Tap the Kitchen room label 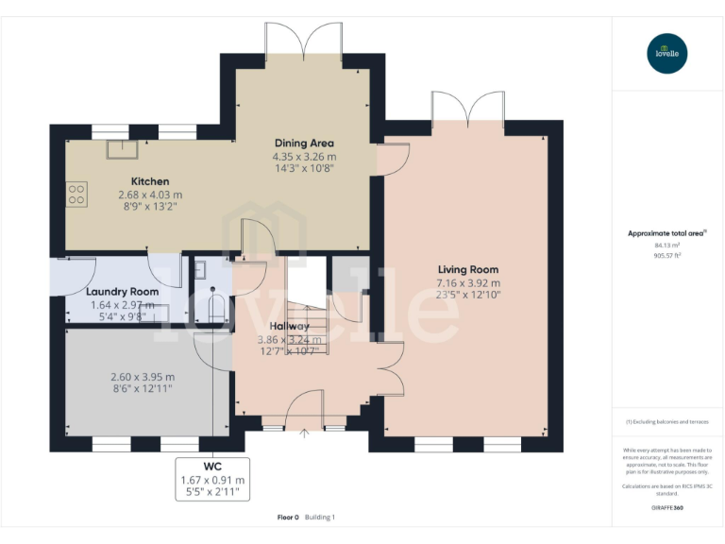tap(150, 181)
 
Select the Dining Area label tap(304, 144)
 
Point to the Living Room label tap(468, 269)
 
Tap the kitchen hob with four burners tap(76, 195)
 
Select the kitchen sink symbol tap(120, 149)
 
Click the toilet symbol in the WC tap(214, 307)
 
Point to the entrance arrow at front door tap(305, 433)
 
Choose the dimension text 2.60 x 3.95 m tap(143, 377)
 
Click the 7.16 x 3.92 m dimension tap(468, 282)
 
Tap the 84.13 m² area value tap(667, 245)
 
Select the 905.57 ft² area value tap(667, 255)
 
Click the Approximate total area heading tap(666, 233)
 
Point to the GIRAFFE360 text tap(667, 508)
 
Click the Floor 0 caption tap(288, 517)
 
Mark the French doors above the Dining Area tap(304, 42)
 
